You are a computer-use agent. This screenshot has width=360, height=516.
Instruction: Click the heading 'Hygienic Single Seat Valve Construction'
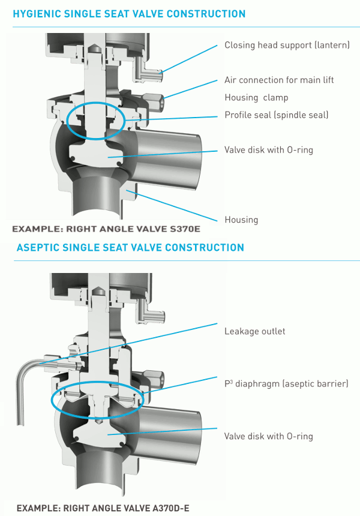point(129,14)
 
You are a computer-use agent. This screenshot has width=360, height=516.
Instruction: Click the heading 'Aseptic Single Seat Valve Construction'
point(130,247)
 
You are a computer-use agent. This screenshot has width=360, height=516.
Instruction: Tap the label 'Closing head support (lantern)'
point(287,45)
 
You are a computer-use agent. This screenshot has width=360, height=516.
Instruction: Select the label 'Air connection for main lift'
point(279,80)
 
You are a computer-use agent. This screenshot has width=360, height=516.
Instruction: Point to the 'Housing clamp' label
point(256,97)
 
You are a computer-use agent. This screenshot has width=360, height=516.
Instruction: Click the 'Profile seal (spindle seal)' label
point(277,115)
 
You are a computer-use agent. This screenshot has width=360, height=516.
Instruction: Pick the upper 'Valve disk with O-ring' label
point(268,149)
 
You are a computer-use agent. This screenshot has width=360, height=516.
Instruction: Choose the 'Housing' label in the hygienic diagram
point(241,220)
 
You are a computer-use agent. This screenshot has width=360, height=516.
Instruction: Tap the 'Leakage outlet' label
point(254,331)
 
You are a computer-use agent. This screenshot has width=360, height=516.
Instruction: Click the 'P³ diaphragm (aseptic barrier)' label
point(286,383)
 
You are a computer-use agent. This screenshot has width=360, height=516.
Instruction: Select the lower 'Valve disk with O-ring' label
point(268,436)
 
